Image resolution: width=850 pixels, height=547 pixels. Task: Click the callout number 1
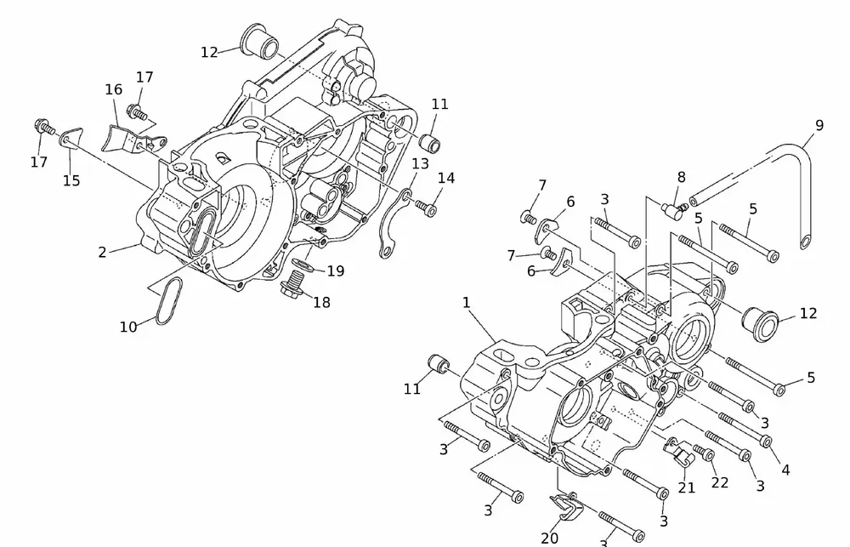(x=466, y=302)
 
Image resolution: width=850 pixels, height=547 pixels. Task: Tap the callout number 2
(x=102, y=252)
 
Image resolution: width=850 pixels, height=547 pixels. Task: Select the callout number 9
(x=819, y=125)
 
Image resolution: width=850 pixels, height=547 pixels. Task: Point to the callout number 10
(x=127, y=327)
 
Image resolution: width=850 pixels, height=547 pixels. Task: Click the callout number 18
(x=321, y=302)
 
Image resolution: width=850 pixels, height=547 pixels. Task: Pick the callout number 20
(x=550, y=537)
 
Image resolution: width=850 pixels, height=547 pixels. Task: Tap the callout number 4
(x=785, y=469)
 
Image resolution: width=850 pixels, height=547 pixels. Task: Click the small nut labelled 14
(x=430, y=209)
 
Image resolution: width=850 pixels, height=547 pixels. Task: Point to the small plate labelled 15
(x=71, y=138)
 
